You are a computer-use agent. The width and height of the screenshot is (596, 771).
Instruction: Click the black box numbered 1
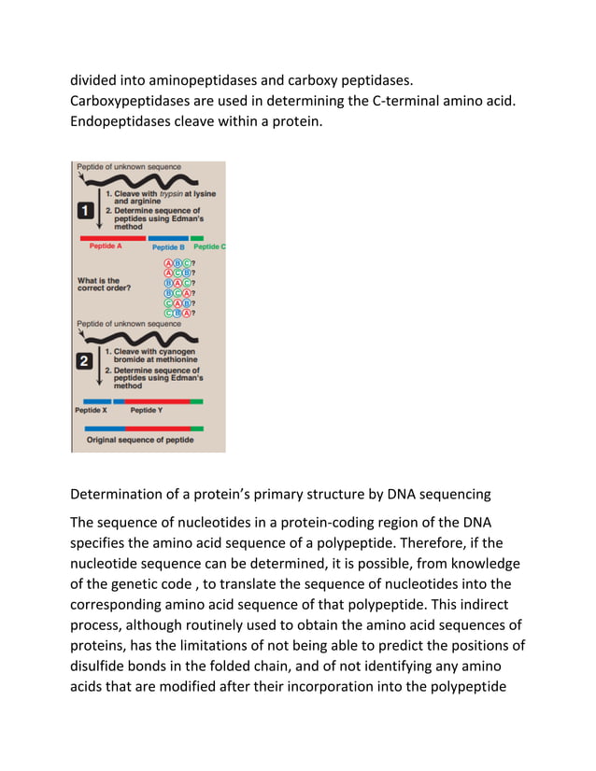(84, 212)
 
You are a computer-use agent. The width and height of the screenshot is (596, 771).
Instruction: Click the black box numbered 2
(84, 360)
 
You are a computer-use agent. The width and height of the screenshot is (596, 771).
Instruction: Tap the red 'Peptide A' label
(105, 246)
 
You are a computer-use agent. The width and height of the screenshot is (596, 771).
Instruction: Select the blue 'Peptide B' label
(168, 247)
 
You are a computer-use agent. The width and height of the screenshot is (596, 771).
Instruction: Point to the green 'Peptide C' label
(208, 247)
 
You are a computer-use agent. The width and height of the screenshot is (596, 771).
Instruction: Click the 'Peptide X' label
(91, 410)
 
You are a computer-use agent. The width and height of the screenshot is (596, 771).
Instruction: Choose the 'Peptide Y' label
(147, 410)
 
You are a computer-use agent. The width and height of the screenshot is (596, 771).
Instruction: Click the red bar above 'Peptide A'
(112, 238)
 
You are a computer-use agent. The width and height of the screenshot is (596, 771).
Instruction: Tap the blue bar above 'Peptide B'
(168, 238)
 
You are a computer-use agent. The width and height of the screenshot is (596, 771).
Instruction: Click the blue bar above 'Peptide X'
(92, 401)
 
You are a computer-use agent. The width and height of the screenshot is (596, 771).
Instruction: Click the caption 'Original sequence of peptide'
(140, 440)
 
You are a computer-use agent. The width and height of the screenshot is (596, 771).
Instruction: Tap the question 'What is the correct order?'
(99, 285)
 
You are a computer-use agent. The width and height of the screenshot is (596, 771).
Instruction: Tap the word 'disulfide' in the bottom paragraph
(103, 667)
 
